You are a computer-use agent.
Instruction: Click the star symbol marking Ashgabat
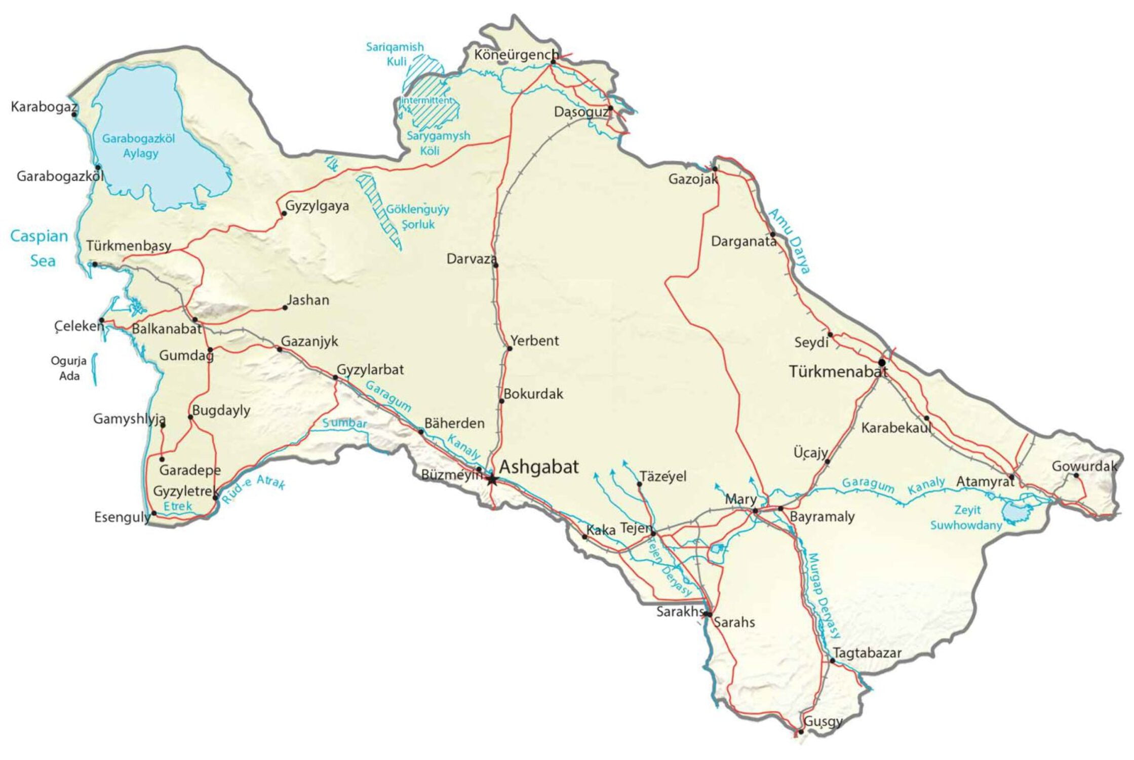click(x=491, y=479)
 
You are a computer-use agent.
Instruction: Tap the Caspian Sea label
click(x=40, y=248)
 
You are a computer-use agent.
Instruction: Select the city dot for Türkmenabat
click(x=882, y=363)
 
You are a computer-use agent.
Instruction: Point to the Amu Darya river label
click(x=789, y=241)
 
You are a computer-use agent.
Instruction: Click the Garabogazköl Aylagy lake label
click(x=138, y=145)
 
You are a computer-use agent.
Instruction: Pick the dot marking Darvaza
click(x=495, y=265)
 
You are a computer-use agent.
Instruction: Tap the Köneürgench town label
click(x=516, y=55)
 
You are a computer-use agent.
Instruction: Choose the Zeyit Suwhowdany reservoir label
click(x=966, y=517)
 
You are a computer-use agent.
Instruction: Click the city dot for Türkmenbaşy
click(x=94, y=264)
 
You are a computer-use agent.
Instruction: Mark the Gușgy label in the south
click(x=823, y=721)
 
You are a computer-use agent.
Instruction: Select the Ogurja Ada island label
click(x=69, y=368)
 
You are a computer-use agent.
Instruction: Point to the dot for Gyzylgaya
click(x=284, y=213)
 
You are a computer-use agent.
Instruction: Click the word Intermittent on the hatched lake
click(x=426, y=100)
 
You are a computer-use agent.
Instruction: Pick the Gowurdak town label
click(x=1084, y=466)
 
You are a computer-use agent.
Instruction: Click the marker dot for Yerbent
click(x=510, y=349)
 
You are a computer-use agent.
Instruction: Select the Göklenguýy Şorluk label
click(x=417, y=216)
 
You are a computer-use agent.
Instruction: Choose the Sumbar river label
click(x=344, y=423)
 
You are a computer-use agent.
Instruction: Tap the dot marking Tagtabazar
click(x=832, y=661)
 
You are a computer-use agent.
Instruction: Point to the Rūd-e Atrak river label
click(x=253, y=488)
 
